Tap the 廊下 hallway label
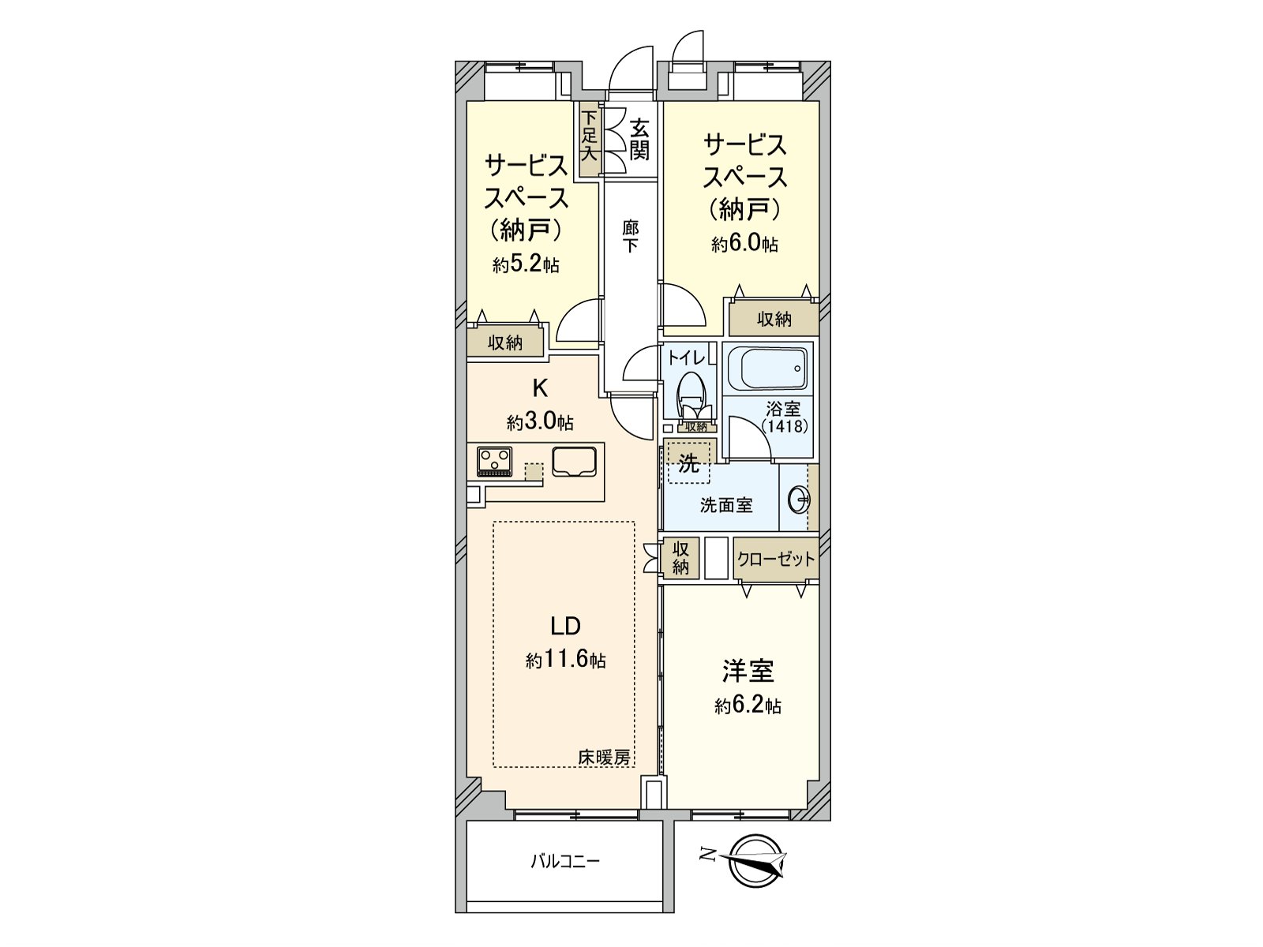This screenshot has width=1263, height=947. pyautogui.click(x=630, y=236)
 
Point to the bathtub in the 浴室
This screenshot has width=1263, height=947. pyautogui.click(x=767, y=368)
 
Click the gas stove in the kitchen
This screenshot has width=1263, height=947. pyautogui.click(x=495, y=462)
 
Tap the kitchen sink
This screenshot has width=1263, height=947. pyautogui.click(x=574, y=461)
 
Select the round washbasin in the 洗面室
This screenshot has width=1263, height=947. pyautogui.click(x=799, y=500)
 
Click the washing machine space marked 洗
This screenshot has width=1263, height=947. pyautogui.click(x=688, y=464)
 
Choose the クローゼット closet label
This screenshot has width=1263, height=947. pyautogui.click(x=775, y=560)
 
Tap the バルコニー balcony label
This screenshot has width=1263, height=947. pyautogui.click(x=564, y=860)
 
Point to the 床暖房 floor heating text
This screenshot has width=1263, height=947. pyautogui.click(x=605, y=758)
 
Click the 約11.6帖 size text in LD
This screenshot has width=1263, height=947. pyautogui.click(x=566, y=660)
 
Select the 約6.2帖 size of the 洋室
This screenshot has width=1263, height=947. pyautogui.click(x=748, y=706)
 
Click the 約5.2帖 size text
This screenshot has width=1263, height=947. pyautogui.click(x=526, y=265)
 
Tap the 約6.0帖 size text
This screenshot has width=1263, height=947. pyautogui.click(x=744, y=244)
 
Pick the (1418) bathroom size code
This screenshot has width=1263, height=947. pyautogui.click(x=784, y=426)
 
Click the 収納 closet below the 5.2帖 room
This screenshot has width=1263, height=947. pyautogui.click(x=505, y=342)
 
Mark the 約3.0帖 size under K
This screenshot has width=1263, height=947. pyautogui.click(x=540, y=422)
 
